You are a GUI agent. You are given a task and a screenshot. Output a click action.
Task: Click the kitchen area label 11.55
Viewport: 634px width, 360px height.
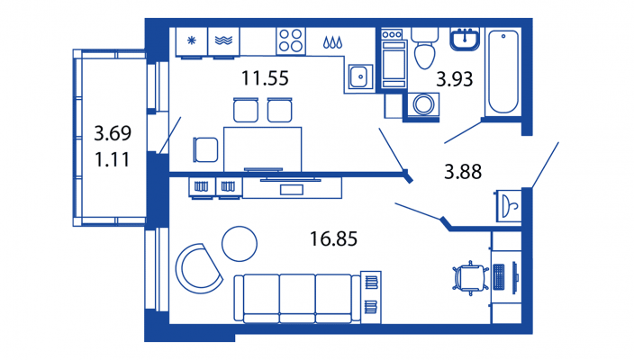(265, 78)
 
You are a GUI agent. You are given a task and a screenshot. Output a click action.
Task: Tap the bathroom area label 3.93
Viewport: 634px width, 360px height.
(455, 79)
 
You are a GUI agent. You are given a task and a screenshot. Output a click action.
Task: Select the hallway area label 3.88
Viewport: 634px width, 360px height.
(463, 172)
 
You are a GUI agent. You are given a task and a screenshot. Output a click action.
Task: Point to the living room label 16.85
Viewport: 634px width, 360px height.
(333, 238)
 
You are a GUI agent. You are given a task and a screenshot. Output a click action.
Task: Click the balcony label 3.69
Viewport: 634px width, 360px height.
(113, 133)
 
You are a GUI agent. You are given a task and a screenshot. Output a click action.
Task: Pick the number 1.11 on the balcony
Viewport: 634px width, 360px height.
(112, 159)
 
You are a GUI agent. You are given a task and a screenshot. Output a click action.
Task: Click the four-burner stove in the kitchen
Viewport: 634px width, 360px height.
(291, 40)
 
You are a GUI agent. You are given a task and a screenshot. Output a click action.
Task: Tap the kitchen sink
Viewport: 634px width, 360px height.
(359, 76)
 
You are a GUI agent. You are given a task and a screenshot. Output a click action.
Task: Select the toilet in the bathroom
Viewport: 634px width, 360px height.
(424, 48)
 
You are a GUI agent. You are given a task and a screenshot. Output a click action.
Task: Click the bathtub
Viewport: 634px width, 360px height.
(503, 71)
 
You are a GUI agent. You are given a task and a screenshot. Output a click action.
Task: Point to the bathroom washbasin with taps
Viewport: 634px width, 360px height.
(465, 40)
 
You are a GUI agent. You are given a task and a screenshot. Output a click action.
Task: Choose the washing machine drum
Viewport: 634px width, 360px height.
(423, 104)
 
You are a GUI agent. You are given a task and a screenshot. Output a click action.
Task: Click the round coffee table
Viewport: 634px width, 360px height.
(240, 244)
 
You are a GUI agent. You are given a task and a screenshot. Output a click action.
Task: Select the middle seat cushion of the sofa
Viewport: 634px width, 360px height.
(297, 298)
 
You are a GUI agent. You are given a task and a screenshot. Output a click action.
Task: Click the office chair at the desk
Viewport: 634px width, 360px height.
(470, 278)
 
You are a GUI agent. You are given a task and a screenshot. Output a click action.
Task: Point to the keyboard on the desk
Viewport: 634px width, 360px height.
(499, 277)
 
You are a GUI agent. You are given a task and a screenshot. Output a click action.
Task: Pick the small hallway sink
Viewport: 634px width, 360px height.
(509, 206)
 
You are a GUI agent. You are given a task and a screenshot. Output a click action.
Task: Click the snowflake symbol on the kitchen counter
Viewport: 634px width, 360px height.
(191, 40)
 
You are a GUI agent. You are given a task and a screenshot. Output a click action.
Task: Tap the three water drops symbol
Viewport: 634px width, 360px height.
(332, 42)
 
